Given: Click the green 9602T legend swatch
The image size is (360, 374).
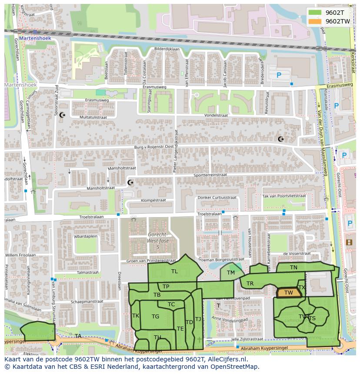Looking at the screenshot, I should click(x=315, y=13).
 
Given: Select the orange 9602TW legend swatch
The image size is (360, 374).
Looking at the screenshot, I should click(x=315, y=21).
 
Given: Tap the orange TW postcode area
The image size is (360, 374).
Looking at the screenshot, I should click(x=289, y=293).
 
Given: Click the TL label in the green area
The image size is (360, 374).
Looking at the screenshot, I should click(x=174, y=271).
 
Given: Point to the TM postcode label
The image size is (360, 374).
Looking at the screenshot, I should click(x=230, y=273).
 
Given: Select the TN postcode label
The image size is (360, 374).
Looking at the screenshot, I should click(x=293, y=268).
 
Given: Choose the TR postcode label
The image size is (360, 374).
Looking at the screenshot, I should click(x=250, y=284).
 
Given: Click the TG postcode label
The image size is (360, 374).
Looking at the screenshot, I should click(x=155, y=317).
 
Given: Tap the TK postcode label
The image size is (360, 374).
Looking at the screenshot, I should click(x=136, y=316).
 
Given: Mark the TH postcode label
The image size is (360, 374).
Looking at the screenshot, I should click(x=157, y=338).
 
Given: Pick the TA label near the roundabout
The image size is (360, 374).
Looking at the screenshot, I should click(x=78, y=336).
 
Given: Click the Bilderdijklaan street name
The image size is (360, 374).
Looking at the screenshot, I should click(x=167, y=49).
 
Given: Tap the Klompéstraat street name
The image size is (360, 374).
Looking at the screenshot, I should click(x=153, y=200).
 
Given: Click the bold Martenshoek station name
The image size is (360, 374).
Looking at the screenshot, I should click(x=35, y=38).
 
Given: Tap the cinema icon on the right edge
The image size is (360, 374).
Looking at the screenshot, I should click(x=349, y=242).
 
